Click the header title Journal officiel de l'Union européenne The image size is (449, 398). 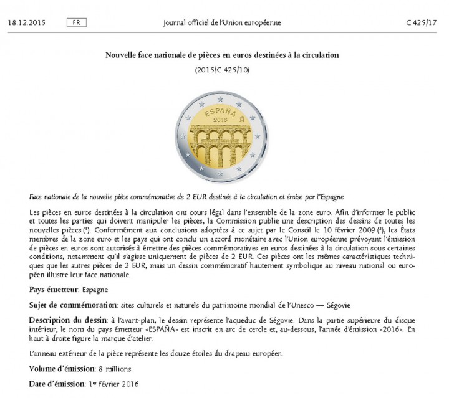pos(221,22)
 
